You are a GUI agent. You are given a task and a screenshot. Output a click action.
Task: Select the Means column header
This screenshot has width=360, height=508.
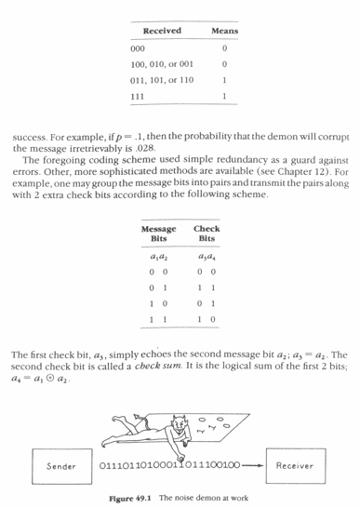(225, 32)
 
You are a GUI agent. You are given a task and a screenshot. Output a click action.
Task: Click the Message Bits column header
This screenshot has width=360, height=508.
(159, 234)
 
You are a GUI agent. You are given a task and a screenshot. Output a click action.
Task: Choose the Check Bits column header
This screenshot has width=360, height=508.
(206, 234)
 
